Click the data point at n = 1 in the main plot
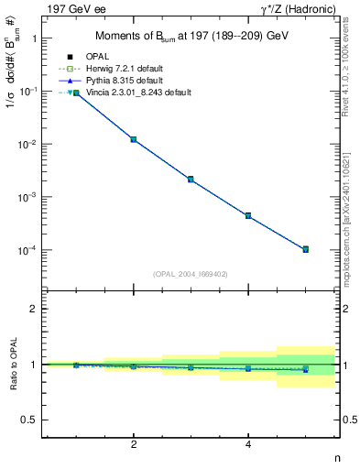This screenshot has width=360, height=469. coord(76,93)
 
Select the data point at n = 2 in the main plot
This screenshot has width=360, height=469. coord(134,139)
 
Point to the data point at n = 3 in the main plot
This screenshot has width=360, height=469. coord(191,180)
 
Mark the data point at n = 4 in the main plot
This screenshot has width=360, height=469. coord(248,215)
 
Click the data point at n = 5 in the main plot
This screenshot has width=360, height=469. coord(305,249)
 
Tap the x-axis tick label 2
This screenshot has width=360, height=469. coord(134,444)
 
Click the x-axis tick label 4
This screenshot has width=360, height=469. coord(248,444)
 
